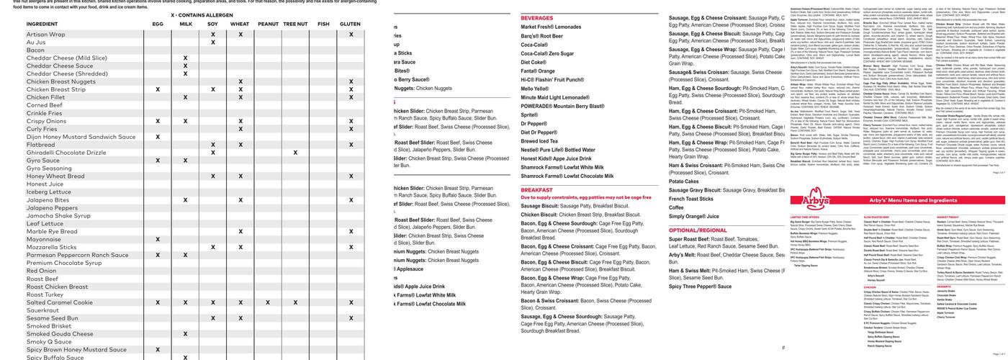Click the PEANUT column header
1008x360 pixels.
coord(268,24)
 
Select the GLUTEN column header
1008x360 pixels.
coord(351,24)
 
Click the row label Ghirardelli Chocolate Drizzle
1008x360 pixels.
coord(66,153)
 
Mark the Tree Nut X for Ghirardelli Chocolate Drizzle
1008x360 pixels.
coord(295,153)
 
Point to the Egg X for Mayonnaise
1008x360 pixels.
coord(158,239)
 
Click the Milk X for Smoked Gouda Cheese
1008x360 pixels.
coord(185,334)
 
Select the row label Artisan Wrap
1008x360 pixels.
coord(46,35)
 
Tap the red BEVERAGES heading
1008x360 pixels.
coord(537,18)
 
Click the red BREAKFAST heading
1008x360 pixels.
coord(536,190)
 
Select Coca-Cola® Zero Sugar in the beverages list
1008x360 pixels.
coord(547,53)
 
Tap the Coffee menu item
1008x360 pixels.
coord(676,207)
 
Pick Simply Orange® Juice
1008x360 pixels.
coord(693,216)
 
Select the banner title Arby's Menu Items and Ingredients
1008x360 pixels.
coord(913,200)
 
